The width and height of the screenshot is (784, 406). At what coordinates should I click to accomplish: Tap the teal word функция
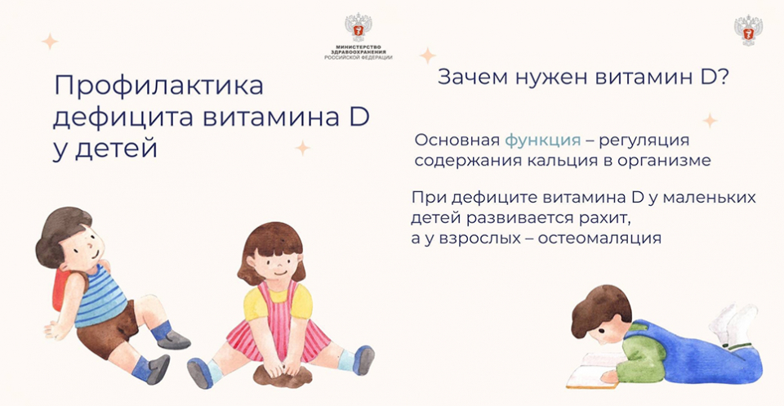[542, 141]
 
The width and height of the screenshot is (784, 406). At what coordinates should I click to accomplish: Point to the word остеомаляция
[599, 239]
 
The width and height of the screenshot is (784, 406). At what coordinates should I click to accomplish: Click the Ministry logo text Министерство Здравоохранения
[359, 50]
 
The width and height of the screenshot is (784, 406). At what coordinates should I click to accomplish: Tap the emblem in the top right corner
[748, 30]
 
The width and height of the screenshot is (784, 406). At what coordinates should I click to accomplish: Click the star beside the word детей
[302, 148]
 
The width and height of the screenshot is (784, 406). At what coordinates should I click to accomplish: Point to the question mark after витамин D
[721, 78]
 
